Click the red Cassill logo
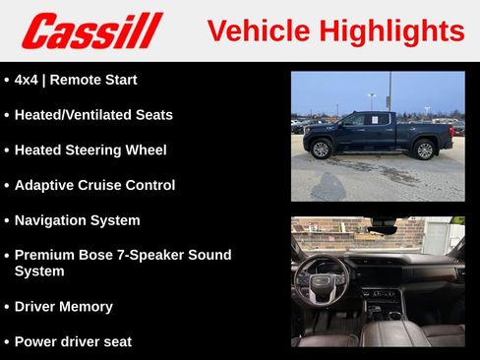[91, 30]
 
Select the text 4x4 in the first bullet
[28, 80]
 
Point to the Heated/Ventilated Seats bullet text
[93, 115]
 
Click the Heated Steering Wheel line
[90, 150]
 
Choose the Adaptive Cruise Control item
[94, 185]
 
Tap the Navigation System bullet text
[77, 220]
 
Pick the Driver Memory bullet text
[63, 306]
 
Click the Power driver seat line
[73, 341]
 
